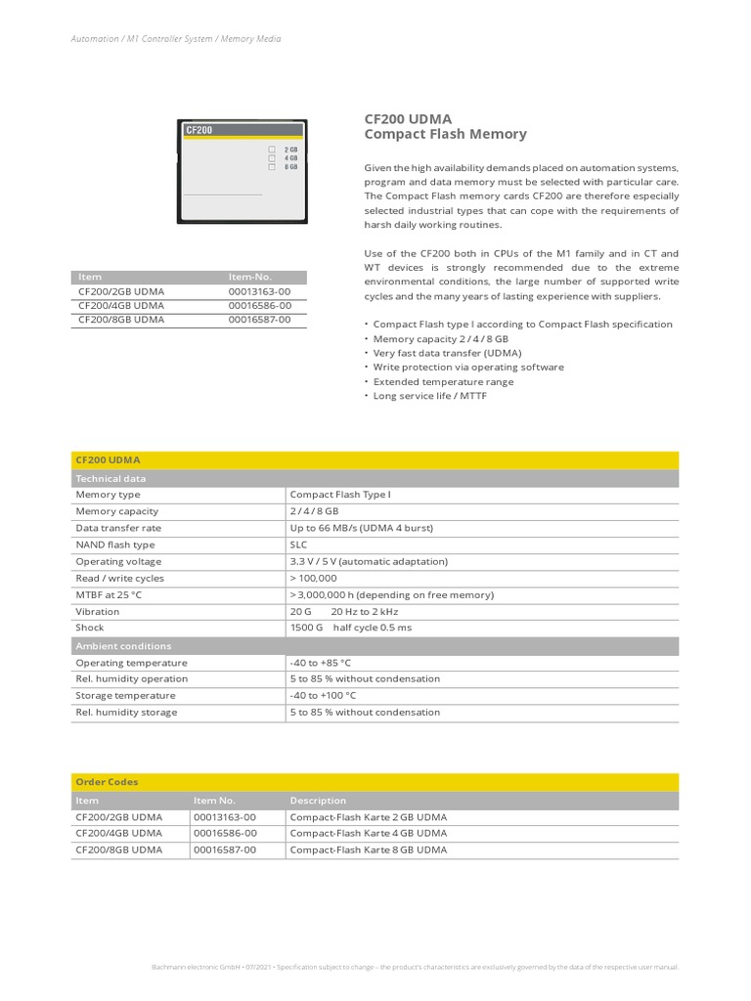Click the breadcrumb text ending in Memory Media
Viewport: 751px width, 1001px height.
[176, 39]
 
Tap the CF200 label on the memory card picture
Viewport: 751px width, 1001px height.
[199, 129]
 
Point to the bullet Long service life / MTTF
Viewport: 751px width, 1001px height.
[429, 396]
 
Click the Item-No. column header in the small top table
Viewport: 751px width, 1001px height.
[249, 278]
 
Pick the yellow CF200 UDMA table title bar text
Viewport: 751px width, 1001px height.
[108, 459]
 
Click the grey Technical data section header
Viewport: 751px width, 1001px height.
[110, 479]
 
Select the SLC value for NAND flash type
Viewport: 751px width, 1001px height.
[298, 544]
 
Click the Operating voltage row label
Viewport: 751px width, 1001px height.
[118, 562]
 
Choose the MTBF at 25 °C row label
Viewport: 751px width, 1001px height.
[109, 594]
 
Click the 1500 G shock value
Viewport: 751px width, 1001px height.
[305, 628]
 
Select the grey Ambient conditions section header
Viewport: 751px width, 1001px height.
[123, 646]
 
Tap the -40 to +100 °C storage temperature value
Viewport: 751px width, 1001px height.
[323, 695]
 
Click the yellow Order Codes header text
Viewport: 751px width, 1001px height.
[107, 782]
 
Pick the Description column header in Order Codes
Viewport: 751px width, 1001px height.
[318, 801]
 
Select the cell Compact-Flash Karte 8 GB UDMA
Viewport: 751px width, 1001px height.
[368, 850]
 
